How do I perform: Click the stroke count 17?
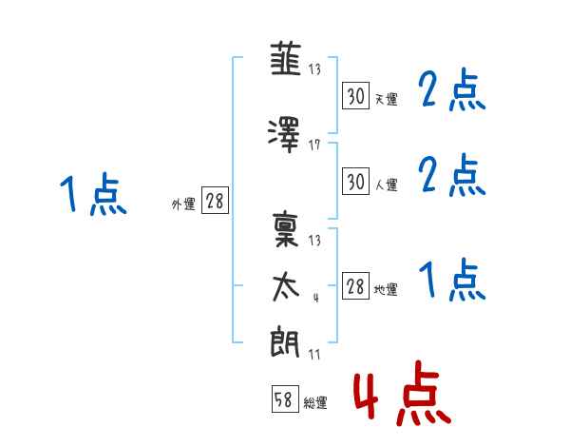315,145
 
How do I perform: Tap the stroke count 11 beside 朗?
315,354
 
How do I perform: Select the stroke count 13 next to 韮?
315,69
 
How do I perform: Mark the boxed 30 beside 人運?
355,181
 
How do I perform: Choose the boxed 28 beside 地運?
355,287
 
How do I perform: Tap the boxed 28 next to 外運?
215,201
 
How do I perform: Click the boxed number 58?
283,399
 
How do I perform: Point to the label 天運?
386,98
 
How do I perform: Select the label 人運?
386,184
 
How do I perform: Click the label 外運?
182,204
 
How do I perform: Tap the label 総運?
314,402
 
